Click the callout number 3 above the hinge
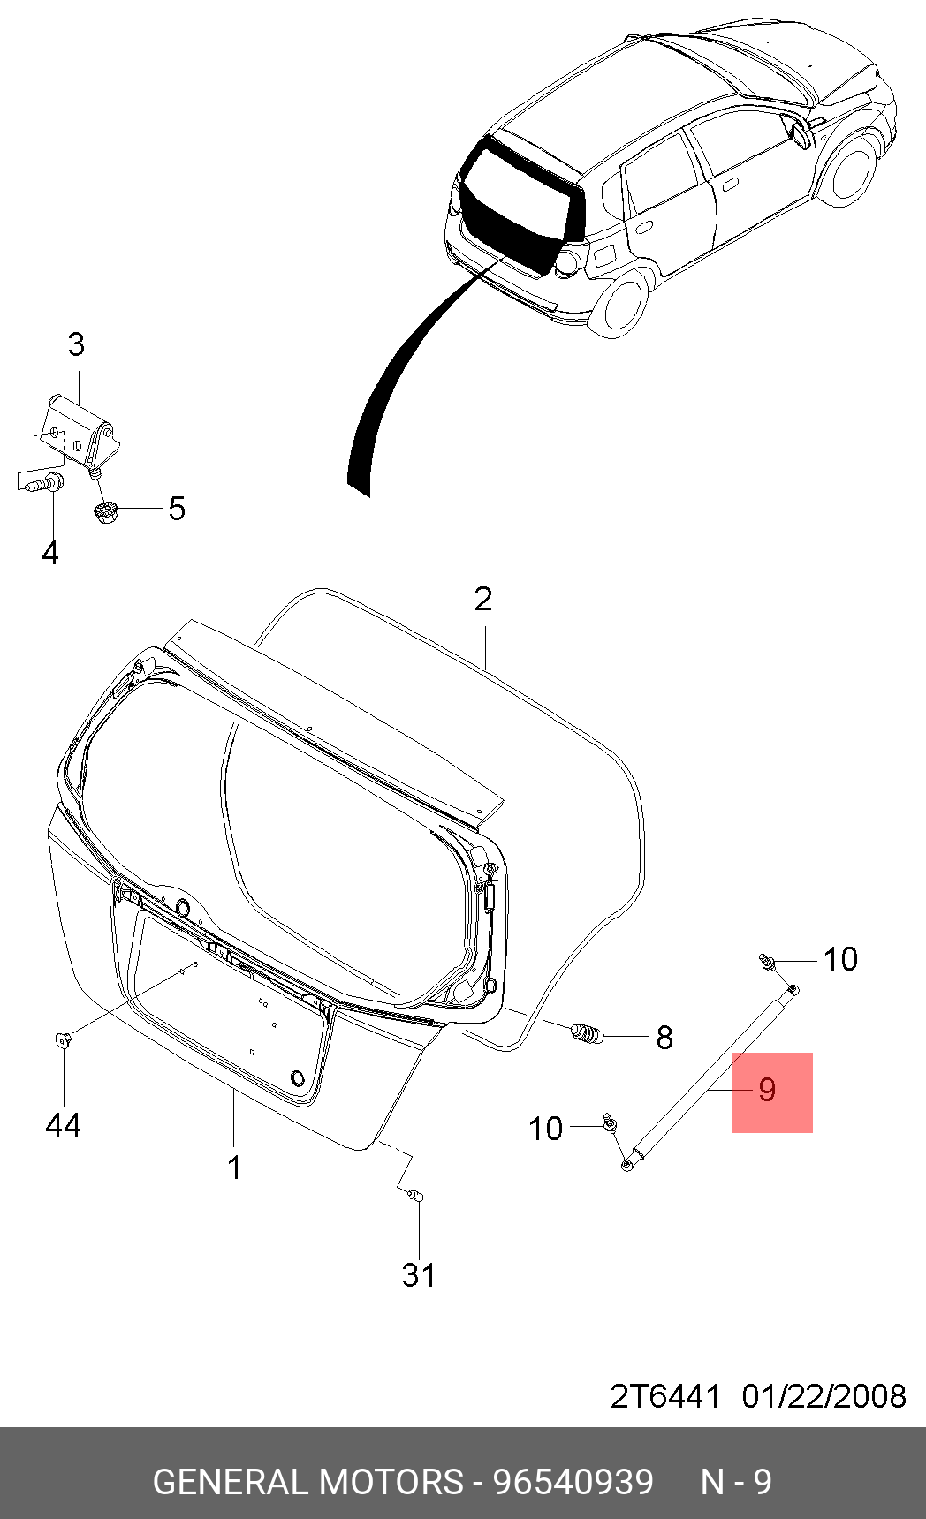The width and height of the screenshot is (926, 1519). point(76,344)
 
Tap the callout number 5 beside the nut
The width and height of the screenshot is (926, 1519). point(177,509)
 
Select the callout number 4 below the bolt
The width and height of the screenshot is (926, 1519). point(50,553)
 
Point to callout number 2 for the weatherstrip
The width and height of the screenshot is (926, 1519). point(482,599)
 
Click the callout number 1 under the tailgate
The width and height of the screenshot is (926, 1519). point(234,1168)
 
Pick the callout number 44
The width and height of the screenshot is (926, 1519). point(63,1125)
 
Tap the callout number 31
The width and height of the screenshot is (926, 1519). point(419,1275)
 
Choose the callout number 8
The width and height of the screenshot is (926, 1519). point(664,1038)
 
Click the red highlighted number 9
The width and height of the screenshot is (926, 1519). point(767,1090)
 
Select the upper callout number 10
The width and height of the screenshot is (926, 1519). point(840,959)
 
